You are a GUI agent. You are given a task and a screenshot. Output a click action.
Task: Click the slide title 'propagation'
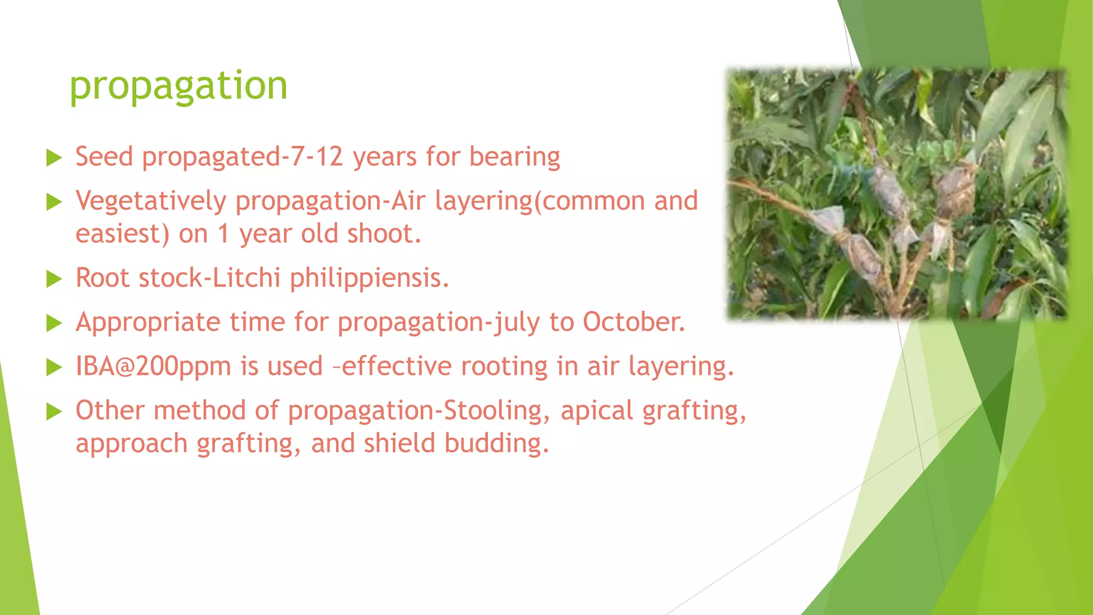pos(178,85)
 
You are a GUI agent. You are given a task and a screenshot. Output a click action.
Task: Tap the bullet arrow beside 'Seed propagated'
pos(54,158)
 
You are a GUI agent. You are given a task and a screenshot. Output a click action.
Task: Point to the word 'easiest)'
pos(122,234)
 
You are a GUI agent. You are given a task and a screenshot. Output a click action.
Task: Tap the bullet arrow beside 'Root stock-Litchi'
pos(54,279)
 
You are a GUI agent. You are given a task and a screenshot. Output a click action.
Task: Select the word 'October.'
pos(633,322)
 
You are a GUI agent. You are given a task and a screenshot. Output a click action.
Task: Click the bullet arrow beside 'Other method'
pos(54,412)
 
